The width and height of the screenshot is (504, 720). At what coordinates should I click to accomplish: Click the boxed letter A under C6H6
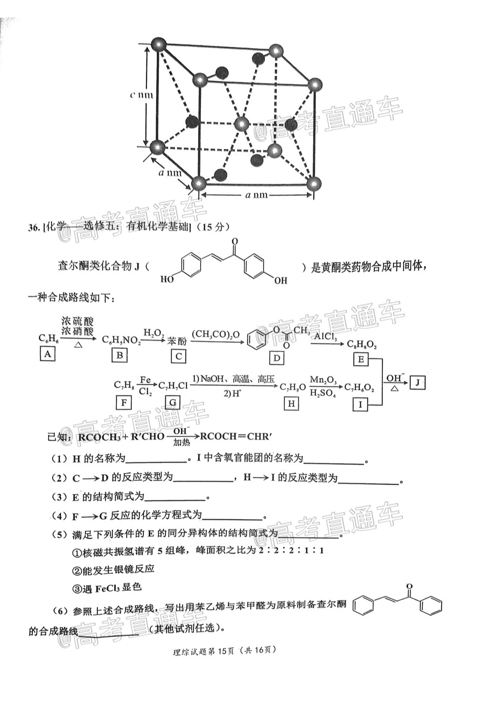[x=47, y=354]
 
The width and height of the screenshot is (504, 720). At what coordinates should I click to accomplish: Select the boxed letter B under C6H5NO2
[x=120, y=355]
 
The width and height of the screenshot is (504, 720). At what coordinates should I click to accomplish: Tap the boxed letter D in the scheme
[x=276, y=358]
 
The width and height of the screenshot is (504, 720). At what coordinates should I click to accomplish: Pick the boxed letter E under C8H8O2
[x=360, y=359]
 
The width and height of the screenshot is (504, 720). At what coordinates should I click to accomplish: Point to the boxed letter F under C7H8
[x=124, y=402]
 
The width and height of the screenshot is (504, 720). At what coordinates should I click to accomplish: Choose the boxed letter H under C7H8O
[x=291, y=403]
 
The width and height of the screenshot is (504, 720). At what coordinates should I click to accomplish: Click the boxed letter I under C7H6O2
[x=360, y=404]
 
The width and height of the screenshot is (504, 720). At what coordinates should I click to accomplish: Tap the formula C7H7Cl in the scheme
[x=173, y=386]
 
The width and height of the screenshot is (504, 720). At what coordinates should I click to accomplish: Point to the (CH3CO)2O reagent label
[x=216, y=334]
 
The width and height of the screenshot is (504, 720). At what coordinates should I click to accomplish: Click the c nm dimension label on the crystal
[x=141, y=95]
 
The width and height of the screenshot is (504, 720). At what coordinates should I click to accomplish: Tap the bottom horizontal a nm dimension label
[x=256, y=195]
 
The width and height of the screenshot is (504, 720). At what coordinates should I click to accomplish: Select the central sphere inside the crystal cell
[x=241, y=124]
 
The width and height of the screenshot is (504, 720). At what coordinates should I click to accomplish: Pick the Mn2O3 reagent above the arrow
[x=323, y=380]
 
